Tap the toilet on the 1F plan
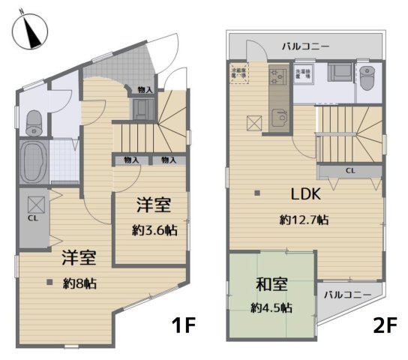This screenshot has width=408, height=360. click(34, 121)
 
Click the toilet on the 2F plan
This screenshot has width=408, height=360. click(366, 77)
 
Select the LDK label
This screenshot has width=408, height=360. click(305, 194)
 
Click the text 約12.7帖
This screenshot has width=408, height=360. click(304, 220)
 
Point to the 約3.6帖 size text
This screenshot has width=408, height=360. click(156, 231)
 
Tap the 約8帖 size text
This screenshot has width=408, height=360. click(79, 283)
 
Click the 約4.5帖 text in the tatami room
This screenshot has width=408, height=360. click(271, 307)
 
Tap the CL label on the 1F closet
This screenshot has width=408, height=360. click(33, 218)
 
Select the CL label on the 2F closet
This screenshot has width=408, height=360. click(349, 171)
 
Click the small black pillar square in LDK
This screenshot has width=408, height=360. click(257, 193)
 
